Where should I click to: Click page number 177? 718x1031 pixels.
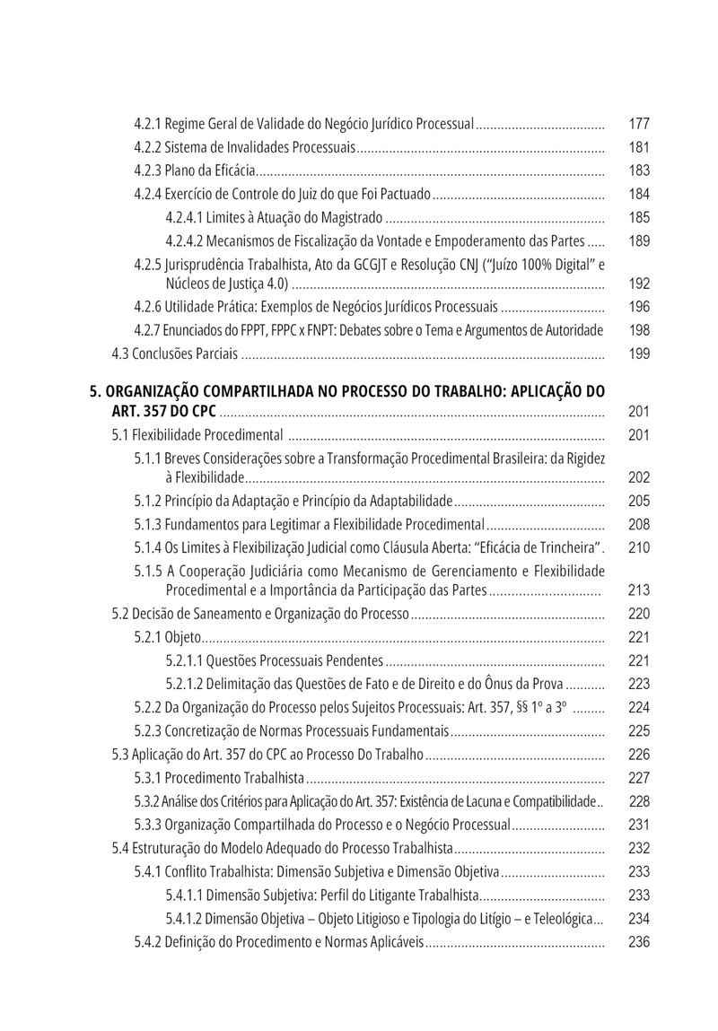click(x=639, y=124)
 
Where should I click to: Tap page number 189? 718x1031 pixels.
click(x=639, y=240)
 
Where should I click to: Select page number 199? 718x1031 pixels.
click(x=639, y=354)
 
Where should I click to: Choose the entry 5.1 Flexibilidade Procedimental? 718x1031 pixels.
click(x=197, y=435)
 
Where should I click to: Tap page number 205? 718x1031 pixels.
click(x=639, y=501)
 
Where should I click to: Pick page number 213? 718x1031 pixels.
click(x=639, y=590)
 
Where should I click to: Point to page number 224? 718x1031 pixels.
click(x=639, y=707)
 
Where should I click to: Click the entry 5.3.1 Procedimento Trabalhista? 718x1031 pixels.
click(x=219, y=777)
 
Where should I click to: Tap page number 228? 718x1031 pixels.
click(x=639, y=800)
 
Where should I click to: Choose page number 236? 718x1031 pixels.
click(x=639, y=941)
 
